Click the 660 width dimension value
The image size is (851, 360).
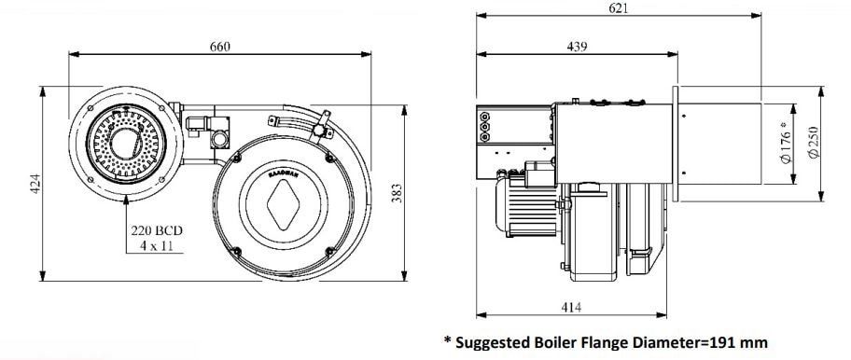click(220, 47)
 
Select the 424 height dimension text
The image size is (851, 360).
click(35, 184)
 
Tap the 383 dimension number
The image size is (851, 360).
click(397, 194)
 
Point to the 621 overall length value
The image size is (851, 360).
click(618, 8)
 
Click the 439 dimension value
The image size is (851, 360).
click(577, 47)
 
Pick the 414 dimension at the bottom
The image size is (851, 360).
click(571, 308)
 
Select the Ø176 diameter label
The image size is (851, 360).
click(786, 143)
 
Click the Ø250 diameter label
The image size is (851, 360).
click(813, 142)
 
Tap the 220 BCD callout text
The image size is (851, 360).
click(157, 230)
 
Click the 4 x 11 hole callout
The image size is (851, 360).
click(157, 245)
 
